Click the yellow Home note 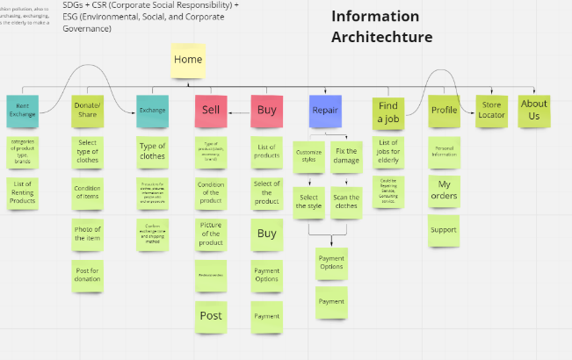(x=188, y=61)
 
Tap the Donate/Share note (x=87, y=111)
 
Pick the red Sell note (x=211, y=111)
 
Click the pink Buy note (x=266, y=111)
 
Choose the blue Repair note (x=325, y=112)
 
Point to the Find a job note (x=387, y=112)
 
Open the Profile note (x=444, y=111)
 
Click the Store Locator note (x=490, y=110)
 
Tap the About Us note (x=534, y=110)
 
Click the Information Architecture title (x=381, y=26)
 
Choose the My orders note (x=444, y=191)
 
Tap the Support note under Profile (x=444, y=231)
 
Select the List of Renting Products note (x=23, y=192)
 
